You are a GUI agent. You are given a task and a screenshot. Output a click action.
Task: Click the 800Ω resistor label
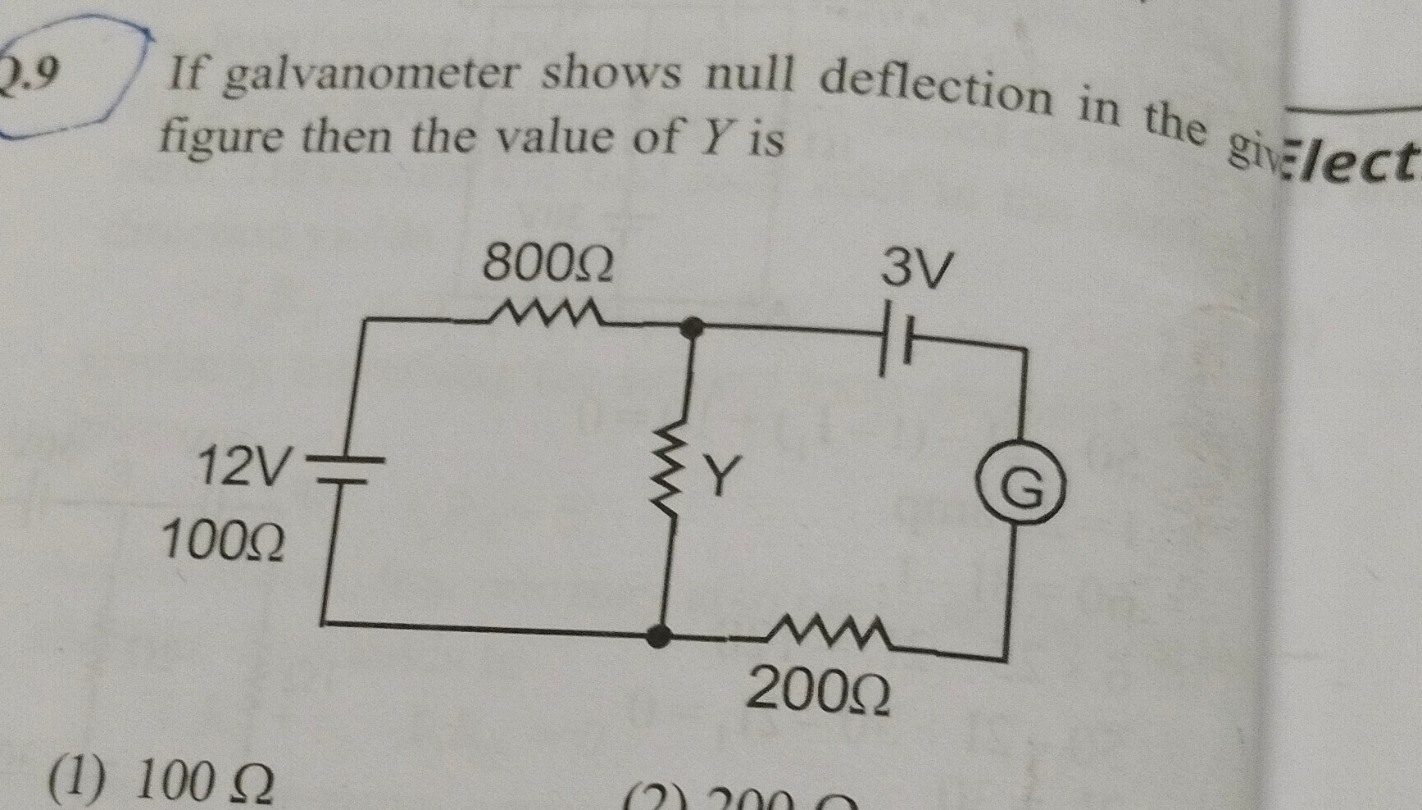tap(547, 264)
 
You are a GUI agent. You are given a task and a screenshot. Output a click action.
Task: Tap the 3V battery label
tap(917, 268)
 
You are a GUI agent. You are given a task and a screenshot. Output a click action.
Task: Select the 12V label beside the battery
tap(243, 467)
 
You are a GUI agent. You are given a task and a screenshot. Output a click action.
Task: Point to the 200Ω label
tap(818, 691)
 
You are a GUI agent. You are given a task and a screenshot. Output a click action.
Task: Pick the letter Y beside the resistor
tap(721, 476)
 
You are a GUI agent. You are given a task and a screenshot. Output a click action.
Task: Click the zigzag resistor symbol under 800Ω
tap(545, 313)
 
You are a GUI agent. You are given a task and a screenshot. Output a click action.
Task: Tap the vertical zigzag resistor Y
tap(675, 476)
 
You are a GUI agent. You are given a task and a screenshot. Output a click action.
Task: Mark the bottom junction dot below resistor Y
tap(658, 635)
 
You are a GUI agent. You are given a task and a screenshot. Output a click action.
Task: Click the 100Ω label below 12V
tap(223, 542)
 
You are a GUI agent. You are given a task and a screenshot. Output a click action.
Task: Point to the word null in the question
tap(750, 76)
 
